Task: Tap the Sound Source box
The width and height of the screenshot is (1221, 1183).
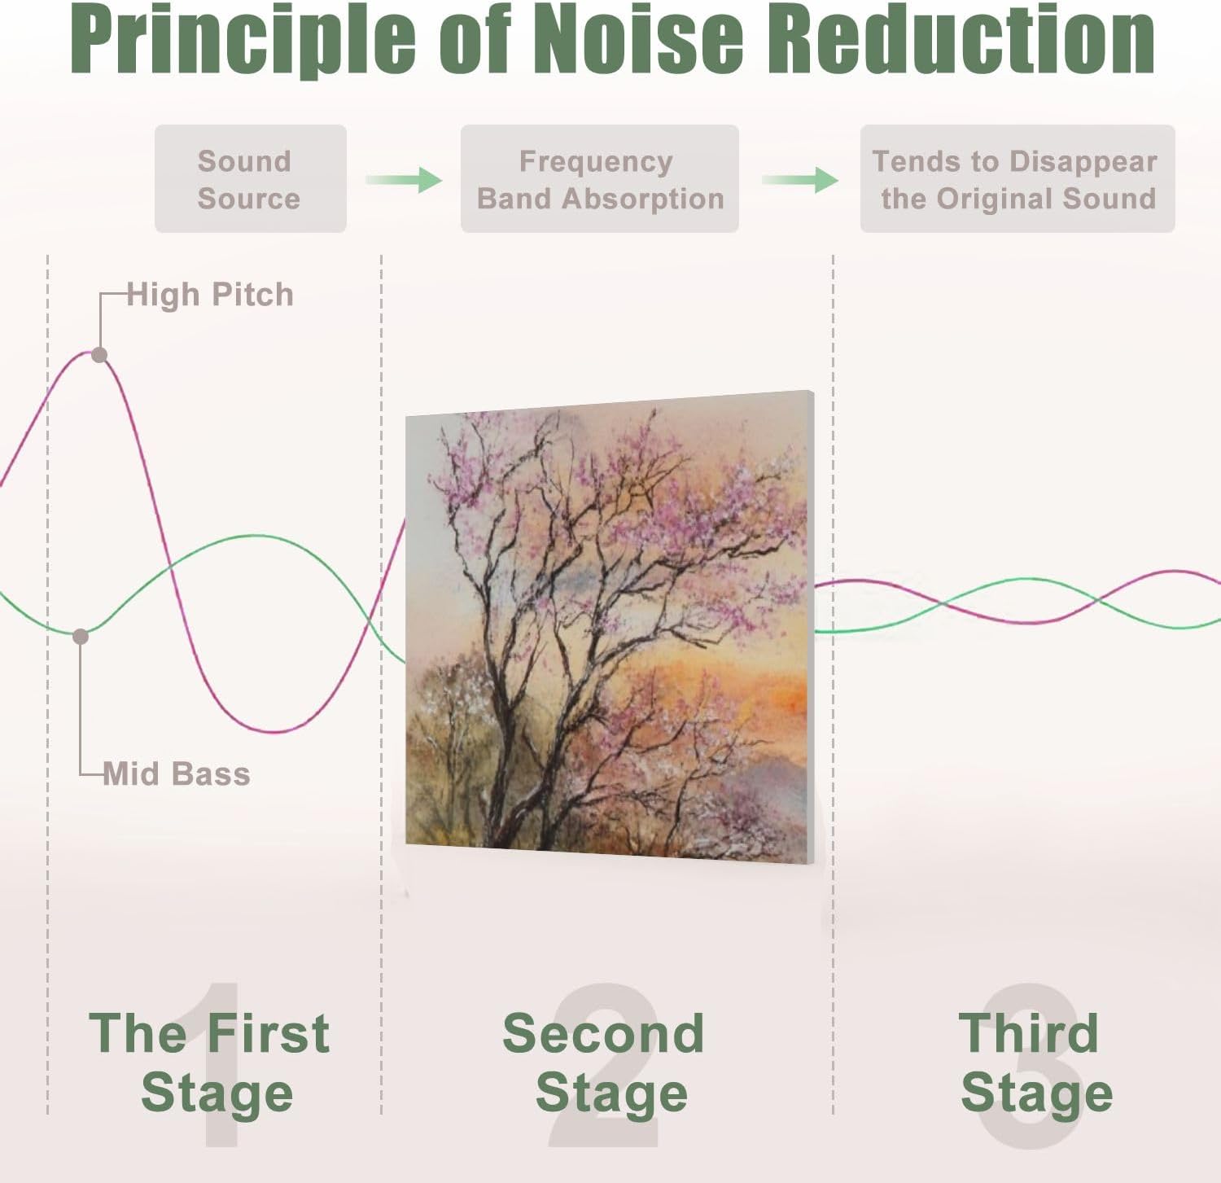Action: coord(250,179)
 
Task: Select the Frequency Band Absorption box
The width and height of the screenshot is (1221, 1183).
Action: coord(599,179)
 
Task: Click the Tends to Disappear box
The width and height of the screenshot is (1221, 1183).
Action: coord(1017,179)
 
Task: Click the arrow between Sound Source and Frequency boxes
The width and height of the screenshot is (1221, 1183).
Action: coord(404,179)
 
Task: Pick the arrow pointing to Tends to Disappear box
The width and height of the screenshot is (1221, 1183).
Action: coord(800,179)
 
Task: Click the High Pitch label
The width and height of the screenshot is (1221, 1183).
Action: coord(210,295)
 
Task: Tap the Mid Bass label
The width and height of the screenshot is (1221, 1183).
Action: coord(177,773)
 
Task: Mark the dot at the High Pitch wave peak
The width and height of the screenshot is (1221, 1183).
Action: coord(99,354)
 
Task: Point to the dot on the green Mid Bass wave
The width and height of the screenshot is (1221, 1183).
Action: coord(81,636)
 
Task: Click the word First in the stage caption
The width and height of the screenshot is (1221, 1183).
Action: coord(268,1033)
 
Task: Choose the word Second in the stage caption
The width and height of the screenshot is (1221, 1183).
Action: coord(603,1033)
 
